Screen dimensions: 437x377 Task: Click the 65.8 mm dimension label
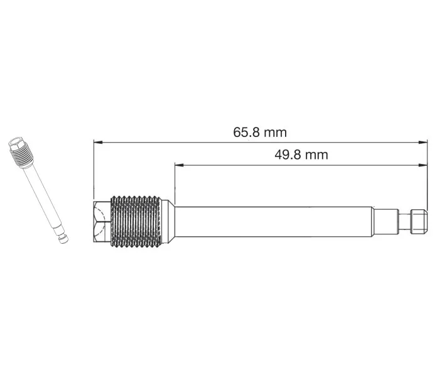[260, 132]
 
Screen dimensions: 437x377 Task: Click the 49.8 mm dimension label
[301, 155]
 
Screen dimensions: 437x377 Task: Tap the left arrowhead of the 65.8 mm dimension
[98, 142]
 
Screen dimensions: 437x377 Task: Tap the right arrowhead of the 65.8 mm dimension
[423, 142]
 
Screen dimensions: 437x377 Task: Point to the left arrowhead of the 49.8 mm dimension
[179, 165]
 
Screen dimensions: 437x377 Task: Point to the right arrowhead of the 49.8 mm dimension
[423, 165]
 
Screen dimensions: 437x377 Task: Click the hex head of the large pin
[102, 222]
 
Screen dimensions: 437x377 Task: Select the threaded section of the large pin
[136, 222]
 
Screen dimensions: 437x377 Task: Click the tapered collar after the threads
[168, 222]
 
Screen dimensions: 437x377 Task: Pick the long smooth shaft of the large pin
[274, 222]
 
